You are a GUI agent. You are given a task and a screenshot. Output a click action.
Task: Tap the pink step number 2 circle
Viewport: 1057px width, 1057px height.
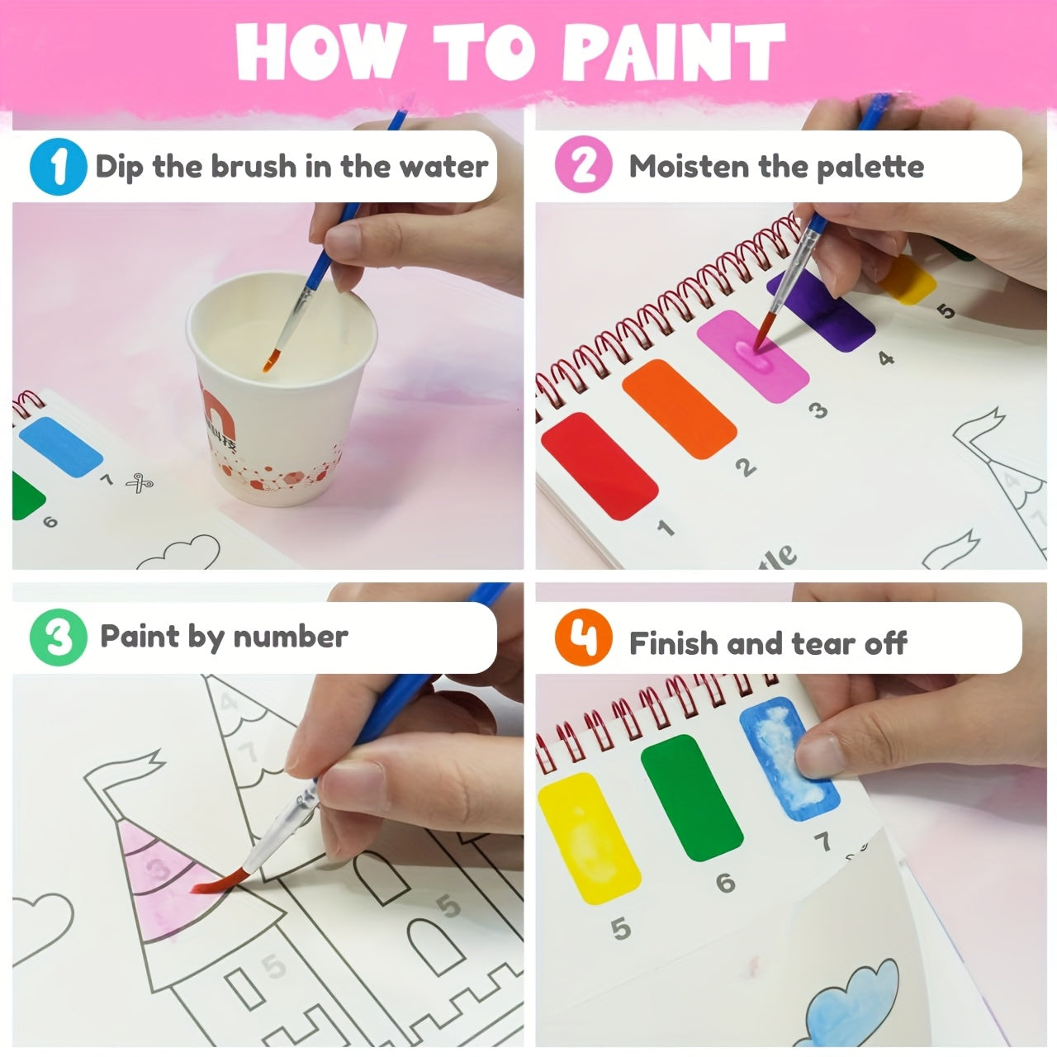(x=583, y=165)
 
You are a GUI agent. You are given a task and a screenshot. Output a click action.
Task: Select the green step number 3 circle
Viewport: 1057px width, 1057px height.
(x=58, y=638)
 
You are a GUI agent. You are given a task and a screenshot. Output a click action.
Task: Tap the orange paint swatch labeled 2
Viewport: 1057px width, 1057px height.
(x=679, y=410)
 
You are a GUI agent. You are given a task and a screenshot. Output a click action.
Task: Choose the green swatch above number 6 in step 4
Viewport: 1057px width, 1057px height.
(x=682, y=797)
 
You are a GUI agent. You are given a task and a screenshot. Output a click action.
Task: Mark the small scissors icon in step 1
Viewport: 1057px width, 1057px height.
(x=139, y=483)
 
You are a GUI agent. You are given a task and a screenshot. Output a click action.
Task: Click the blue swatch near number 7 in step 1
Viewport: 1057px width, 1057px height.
(x=59, y=446)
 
